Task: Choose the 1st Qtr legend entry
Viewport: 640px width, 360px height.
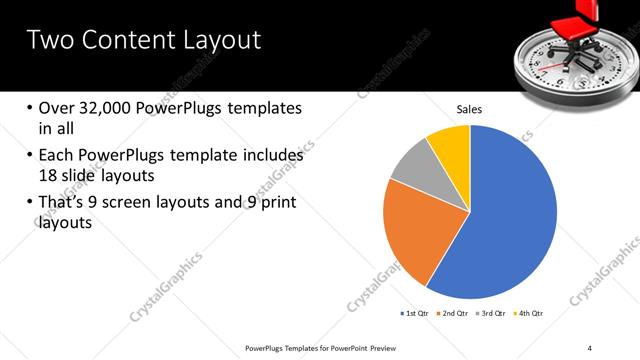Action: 414,313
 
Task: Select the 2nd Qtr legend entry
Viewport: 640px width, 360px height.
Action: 453,313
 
